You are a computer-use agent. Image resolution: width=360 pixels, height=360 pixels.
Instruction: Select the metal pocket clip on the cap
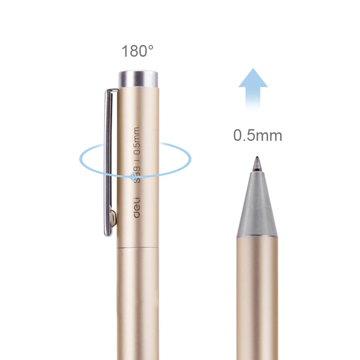[x=109, y=162]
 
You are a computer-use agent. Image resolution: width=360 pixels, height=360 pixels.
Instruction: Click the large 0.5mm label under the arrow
[x=257, y=135]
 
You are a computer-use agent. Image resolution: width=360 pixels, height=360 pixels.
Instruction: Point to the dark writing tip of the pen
[x=257, y=163]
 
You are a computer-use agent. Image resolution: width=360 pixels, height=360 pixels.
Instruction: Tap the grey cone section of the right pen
[x=257, y=207]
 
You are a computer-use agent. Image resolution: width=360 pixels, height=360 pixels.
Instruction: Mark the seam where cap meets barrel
[x=138, y=247]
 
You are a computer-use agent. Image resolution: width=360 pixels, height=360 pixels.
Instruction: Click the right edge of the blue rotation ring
[x=191, y=158]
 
